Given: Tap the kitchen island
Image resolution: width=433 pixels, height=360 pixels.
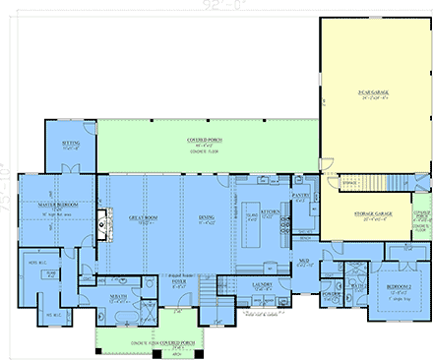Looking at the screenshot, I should click(x=247, y=221).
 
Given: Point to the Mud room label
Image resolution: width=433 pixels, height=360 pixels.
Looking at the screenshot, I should click(x=305, y=261).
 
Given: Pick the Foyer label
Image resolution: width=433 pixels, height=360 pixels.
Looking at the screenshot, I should click(x=179, y=285).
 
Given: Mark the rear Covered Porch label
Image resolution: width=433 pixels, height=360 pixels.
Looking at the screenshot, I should click(x=204, y=143).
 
